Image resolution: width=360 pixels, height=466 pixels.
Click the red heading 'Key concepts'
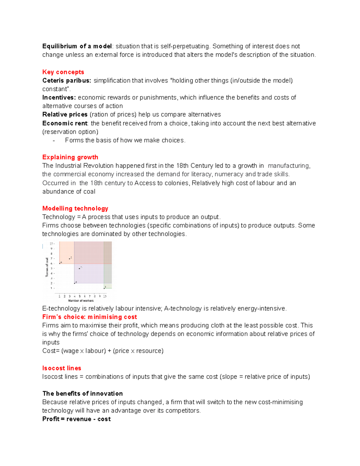coord(63,72)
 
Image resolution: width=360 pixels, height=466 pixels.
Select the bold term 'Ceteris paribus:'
coord(67,80)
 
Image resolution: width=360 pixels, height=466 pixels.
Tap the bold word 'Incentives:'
coord(59,98)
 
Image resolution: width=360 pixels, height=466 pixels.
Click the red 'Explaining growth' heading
coord(70,157)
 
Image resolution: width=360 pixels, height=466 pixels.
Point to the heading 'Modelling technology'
coord(75,209)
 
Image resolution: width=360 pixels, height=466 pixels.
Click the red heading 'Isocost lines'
coord(61,368)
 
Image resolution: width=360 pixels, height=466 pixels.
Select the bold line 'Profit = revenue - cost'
coord(76,419)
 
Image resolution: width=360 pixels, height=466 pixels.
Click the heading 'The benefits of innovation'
coord(82,394)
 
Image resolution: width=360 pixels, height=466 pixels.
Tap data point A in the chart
coord(60,263)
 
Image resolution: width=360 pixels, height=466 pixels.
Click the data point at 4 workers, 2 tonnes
coord(74,283)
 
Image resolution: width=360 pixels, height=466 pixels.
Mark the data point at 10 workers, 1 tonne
coord(104,288)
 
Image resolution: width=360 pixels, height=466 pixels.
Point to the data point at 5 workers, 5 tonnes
coord(79,268)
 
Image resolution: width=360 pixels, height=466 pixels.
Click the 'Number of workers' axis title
coord(81,301)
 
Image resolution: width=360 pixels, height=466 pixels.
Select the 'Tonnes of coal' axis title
coord(47,267)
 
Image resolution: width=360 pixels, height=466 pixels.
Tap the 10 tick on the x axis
coord(105,296)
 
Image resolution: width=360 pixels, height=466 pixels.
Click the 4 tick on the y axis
coord(51,273)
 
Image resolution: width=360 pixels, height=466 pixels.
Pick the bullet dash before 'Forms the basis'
coord(54,140)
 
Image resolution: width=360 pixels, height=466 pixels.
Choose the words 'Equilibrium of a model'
coord(77,46)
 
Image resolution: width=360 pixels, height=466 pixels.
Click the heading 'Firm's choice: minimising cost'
coord(89,317)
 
